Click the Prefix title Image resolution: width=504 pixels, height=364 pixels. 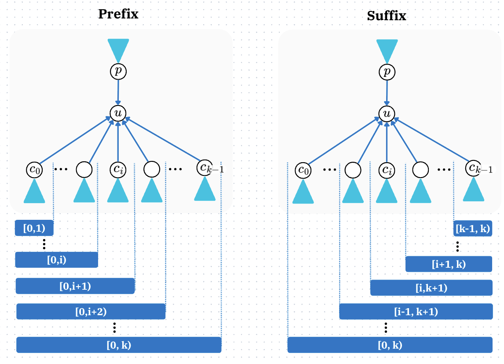pos(118,14)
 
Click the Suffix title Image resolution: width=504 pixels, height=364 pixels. pos(386,16)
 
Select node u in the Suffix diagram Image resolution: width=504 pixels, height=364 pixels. pos(387,114)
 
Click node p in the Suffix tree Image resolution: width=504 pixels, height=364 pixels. pos(386,72)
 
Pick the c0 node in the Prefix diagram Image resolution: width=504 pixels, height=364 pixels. pos(34,169)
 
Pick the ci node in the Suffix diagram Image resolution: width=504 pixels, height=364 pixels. pos(387,170)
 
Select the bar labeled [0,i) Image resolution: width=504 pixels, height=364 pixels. pos(56,260)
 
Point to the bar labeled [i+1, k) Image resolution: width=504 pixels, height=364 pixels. pos(448,264)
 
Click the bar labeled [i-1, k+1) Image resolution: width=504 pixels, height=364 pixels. pos(415,312)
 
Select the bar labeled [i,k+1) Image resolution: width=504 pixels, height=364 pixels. pos(431,288)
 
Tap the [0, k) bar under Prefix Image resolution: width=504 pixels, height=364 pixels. pos(118,345)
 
